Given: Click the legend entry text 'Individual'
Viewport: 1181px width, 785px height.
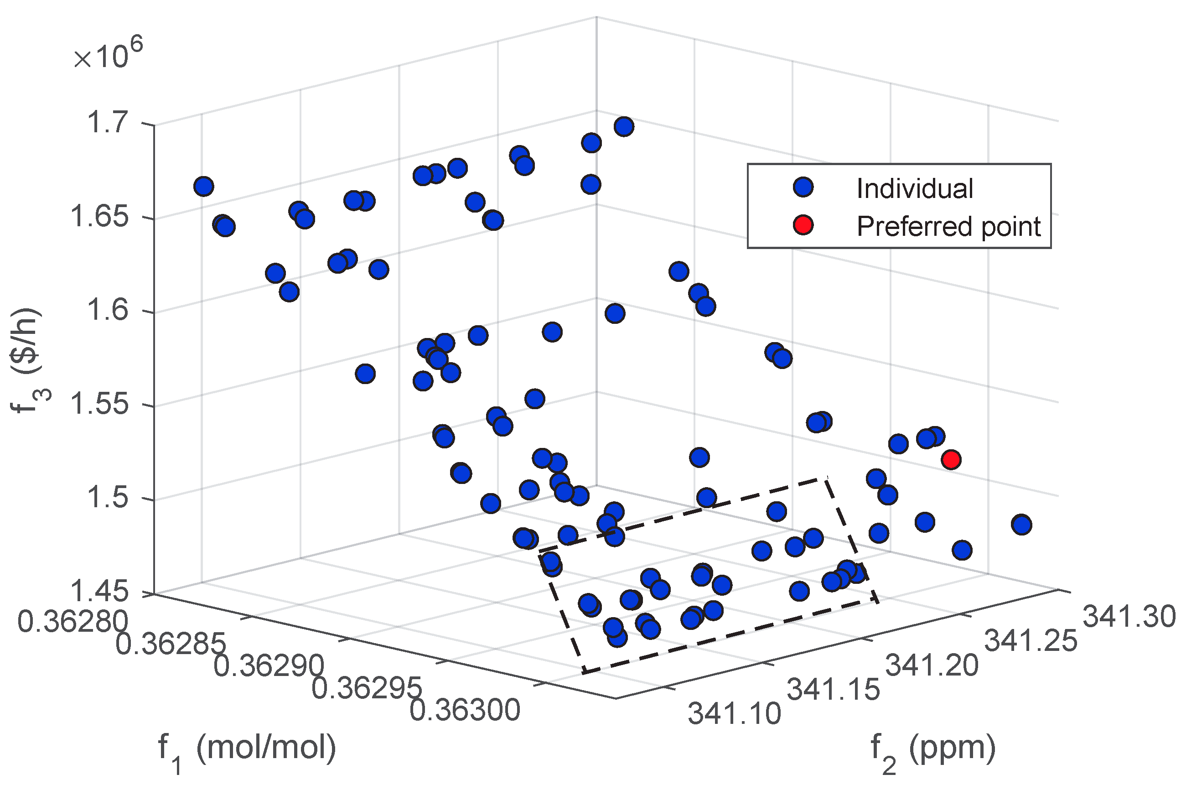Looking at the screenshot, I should (x=914, y=189).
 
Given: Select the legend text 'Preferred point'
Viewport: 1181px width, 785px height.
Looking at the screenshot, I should (x=948, y=226).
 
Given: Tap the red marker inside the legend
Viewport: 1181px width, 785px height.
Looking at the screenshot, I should (x=803, y=225).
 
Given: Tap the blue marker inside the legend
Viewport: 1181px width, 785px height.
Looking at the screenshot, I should (x=803, y=187).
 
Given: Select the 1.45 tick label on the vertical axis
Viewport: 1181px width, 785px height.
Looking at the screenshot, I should (x=99, y=591).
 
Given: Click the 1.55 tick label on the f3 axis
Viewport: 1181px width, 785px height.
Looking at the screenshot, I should (x=99, y=404).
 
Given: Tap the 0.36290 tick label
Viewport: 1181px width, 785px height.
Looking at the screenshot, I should (x=269, y=666).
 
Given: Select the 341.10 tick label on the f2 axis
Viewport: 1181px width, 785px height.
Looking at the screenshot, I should (x=734, y=713).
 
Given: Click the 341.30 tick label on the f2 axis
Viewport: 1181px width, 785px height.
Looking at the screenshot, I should (x=1129, y=616).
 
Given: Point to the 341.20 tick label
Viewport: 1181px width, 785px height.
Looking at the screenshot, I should (x=932, y=665).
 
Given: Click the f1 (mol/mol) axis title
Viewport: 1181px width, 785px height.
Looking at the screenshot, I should (x=247, y=749).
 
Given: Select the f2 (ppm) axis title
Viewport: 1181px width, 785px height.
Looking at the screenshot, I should (x=933, y=749).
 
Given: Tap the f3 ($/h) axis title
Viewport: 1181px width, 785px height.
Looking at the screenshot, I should (x=28, y=360).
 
